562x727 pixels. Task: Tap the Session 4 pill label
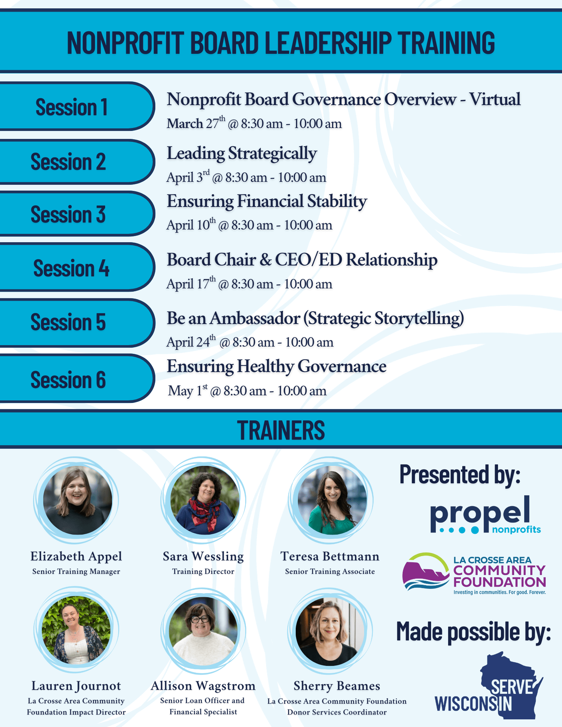point(71,268)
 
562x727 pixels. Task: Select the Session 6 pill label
point(68,380)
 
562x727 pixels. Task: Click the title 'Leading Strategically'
point(242,153)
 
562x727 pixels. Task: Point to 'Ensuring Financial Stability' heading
point(267,201)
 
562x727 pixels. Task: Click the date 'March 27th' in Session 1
point(196,124)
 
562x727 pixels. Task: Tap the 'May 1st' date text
point(188,391)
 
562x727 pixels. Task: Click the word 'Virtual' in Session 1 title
point(495,99)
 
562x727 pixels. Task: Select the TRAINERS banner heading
point(281,430)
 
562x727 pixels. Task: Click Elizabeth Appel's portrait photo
point(77,500)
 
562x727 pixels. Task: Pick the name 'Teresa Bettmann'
point(330,556)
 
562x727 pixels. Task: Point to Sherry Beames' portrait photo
point(330,631)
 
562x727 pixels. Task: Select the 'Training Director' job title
point(203,571)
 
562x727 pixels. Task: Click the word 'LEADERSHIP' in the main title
point(328,43)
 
